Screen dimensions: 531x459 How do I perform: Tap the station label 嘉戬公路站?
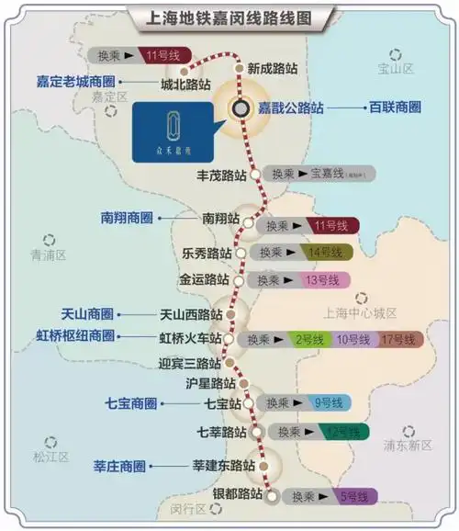290,107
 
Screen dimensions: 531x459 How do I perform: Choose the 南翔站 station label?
220,220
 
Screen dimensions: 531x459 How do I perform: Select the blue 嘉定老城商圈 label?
70,81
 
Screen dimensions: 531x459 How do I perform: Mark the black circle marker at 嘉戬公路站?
241,107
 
